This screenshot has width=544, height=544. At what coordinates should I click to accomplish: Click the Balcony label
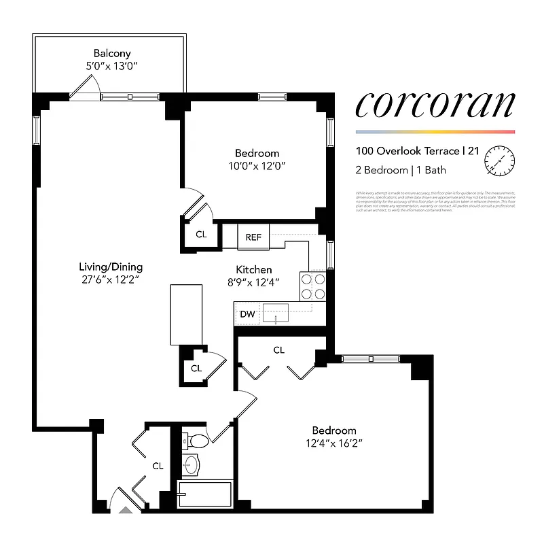point(112,53)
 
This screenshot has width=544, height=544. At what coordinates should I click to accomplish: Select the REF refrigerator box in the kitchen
point(253,237)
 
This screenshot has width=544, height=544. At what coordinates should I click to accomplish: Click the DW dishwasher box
point(247,314)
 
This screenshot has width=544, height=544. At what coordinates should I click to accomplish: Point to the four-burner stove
point(313,286)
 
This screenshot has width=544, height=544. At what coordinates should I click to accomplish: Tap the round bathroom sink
point(192,466)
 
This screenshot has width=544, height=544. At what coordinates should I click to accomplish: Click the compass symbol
point(499,160)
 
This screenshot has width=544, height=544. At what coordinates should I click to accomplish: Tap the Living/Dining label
point(111,267)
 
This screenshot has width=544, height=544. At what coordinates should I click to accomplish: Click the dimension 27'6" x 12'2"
point(111,279)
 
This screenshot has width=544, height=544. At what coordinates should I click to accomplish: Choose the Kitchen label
point(254,270)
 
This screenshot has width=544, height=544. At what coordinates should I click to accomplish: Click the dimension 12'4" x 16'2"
point(333,443)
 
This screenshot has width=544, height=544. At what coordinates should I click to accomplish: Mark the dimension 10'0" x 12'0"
point(257,166)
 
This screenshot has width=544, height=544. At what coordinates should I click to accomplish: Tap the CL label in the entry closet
point(158,466)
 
